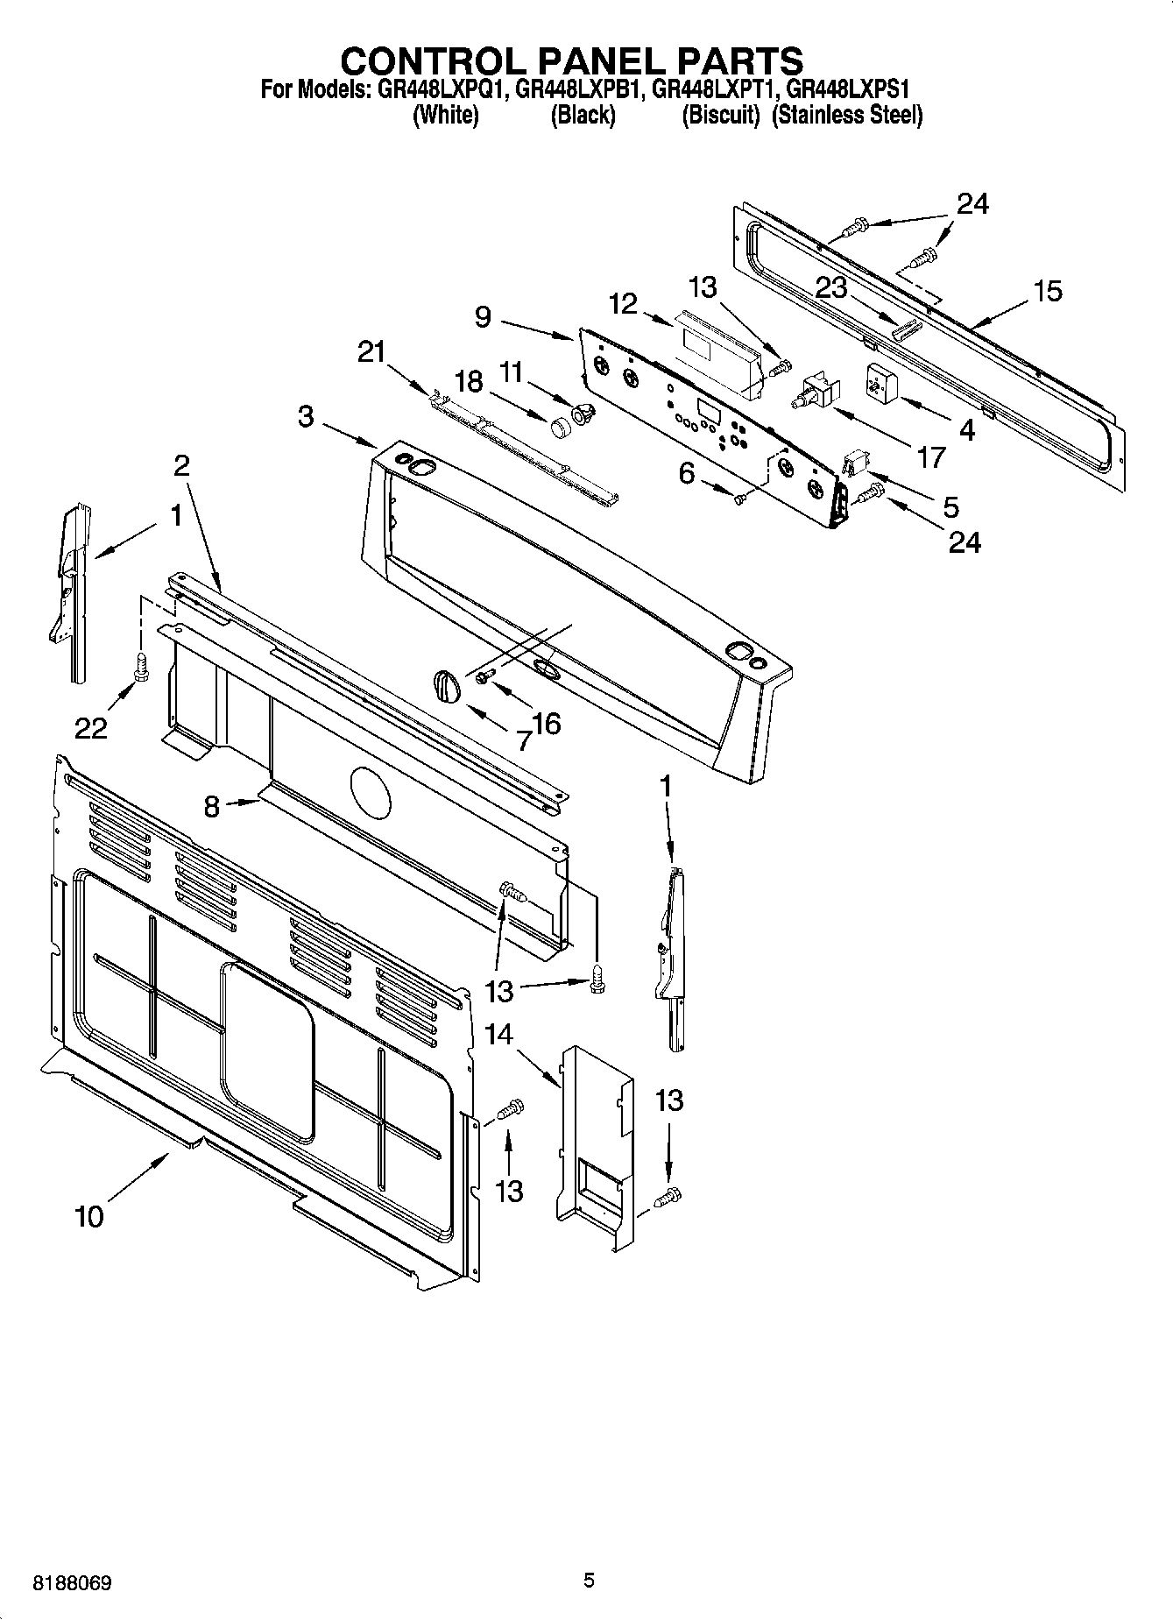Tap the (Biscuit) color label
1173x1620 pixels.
coord(720,116)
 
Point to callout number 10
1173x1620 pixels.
coord(89,1216)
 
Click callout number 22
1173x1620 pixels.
coord(90,727)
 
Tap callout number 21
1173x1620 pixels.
coord(371,352)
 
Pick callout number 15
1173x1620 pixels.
coord(1048,291)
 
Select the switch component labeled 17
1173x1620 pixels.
coord(815,391)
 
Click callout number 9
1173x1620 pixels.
coord(483,316)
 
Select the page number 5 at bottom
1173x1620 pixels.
coord(589,1581)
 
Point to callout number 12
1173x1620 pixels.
coord(623,304)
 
